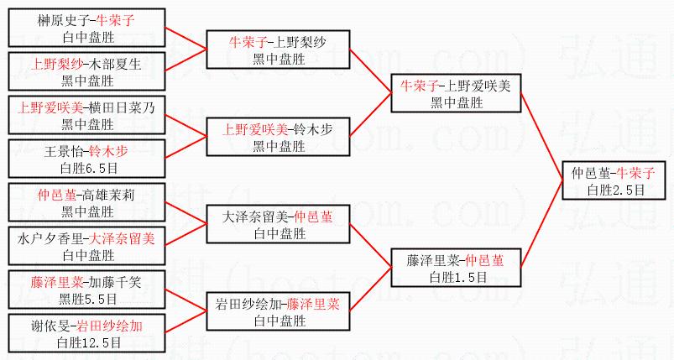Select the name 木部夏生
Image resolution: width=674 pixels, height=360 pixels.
(x=118, y=63)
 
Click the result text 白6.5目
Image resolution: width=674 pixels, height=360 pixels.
(x=87, y=167)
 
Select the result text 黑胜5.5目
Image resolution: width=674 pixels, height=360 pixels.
(x=87, y=298)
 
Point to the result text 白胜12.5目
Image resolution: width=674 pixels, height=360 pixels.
(x=87, y=342)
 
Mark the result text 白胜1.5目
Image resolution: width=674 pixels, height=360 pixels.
(x=454, y=276)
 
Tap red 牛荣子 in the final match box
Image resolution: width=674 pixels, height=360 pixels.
(x=636, y=173)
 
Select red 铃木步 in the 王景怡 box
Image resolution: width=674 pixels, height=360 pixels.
(x=109, y=152)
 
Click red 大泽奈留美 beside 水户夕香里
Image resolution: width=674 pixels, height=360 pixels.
(x=123, y=238)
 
